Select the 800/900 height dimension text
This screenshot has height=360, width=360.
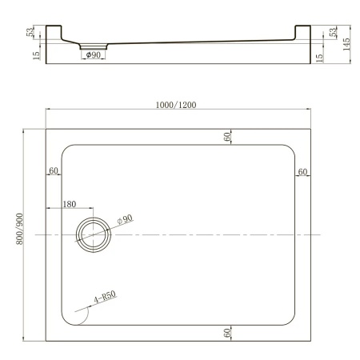[30, 234]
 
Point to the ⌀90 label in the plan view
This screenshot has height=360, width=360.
[125, 219]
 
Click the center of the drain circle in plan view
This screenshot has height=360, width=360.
[95, 234]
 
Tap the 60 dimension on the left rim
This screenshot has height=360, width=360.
[54, 170]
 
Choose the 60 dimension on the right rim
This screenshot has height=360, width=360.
[302, 170]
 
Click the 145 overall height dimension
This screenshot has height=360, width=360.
[346, 42]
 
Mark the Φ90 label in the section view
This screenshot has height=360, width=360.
[93, 55]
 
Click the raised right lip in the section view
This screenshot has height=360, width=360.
[302, 32]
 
